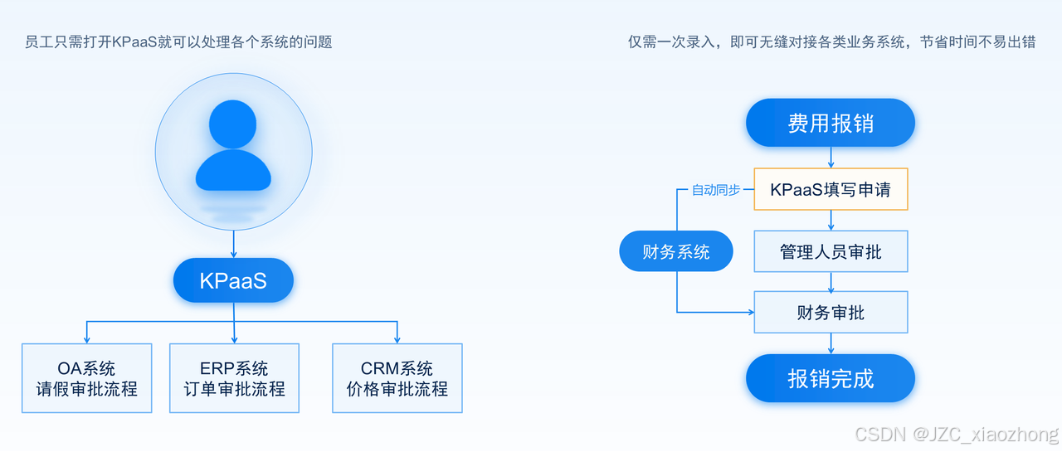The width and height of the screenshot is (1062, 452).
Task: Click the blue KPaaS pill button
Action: click(233, 280)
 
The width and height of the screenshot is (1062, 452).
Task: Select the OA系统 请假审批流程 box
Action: click(87, 378)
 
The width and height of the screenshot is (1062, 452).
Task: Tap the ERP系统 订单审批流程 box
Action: click(234, 378)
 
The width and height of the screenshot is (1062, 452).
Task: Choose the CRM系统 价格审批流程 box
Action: click(397, 378)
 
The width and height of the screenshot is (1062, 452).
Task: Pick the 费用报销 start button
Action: click(830, 124)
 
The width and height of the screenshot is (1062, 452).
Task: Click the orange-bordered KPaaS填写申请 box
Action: click(831, 189)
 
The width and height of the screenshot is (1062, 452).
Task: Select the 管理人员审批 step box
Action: click(831, 251)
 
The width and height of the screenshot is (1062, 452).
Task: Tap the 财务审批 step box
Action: click(831, 313)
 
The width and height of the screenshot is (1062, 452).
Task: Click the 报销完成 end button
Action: click(830, 379)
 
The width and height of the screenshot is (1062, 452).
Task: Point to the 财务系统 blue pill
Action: click(676, 251)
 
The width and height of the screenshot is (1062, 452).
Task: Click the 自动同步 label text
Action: click(716, 190)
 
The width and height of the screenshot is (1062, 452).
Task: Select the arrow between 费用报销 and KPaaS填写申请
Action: click(831, 158)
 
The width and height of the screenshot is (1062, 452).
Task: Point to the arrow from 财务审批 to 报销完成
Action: click(831, 344)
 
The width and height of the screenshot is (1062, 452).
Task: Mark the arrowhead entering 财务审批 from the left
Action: click(750, 313)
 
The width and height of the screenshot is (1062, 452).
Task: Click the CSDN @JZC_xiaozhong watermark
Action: click(956, 434)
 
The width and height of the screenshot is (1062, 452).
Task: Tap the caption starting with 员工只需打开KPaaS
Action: click(178, 42)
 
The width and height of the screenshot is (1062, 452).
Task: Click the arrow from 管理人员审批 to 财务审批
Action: click(831, 282)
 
